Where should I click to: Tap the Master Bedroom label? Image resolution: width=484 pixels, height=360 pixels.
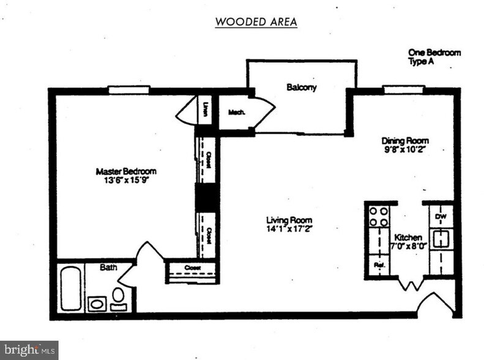126,171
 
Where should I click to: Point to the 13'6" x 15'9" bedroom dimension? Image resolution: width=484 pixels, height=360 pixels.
126,181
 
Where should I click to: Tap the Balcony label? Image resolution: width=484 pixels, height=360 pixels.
302,88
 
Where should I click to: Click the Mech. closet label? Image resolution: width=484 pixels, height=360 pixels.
236,112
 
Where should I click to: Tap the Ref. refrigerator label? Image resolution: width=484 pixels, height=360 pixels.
378,266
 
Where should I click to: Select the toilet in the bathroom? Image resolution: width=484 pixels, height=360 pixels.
119,298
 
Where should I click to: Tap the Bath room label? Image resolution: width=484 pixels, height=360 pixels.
109,268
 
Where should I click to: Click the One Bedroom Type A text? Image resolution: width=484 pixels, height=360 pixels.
434,58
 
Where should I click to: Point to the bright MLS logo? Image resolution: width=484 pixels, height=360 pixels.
29,350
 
